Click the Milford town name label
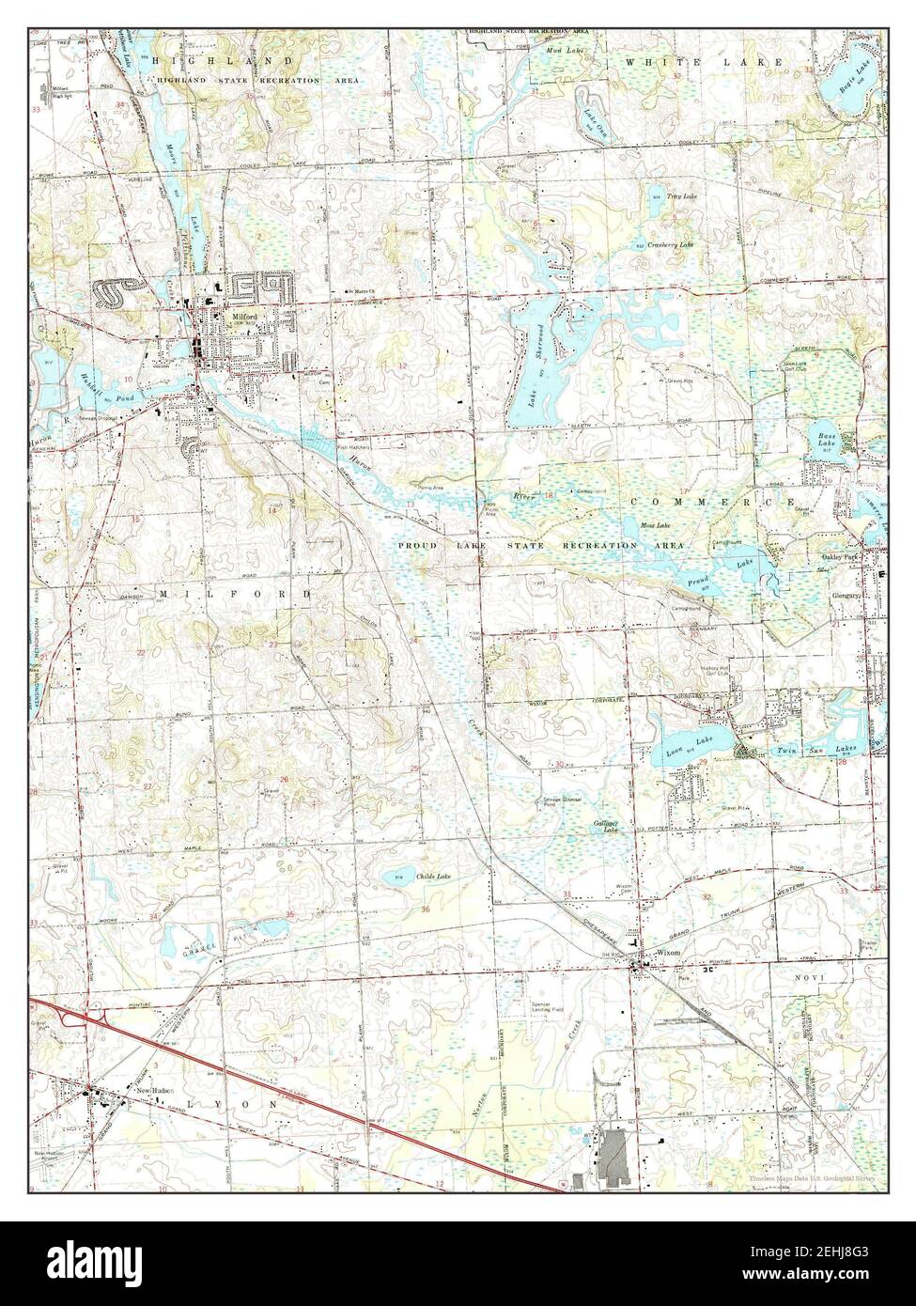point(243,318)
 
